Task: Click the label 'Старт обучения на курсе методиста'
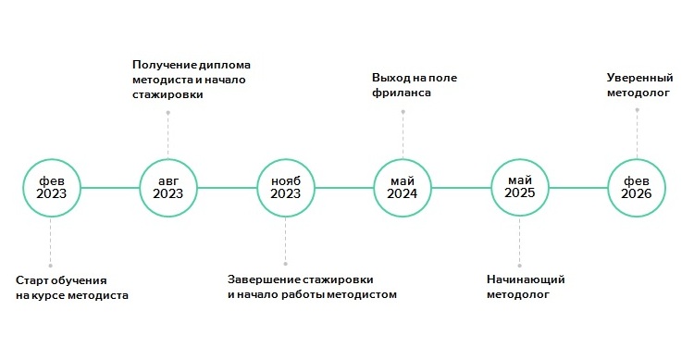[72, 287]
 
